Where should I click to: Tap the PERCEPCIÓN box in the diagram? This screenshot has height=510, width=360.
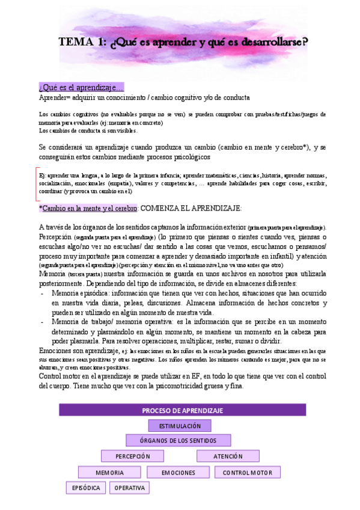point(133,456)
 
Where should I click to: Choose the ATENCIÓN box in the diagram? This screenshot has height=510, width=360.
point(228,456)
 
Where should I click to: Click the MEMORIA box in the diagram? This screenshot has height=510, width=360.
point(109,473)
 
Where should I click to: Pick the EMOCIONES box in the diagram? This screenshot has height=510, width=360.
point(178,473)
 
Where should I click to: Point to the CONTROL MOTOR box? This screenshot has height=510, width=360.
point(247,473)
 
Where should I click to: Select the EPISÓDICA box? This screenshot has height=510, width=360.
point(86,488)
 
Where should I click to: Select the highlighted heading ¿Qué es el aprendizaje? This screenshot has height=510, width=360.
point(81,88)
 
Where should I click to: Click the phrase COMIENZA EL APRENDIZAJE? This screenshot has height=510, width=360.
point(191,208)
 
